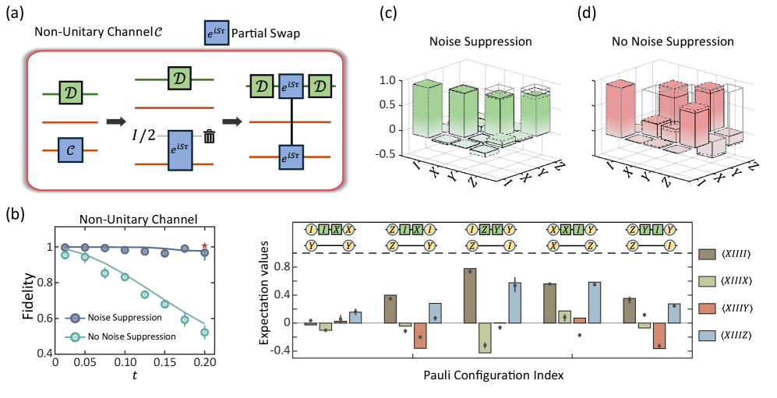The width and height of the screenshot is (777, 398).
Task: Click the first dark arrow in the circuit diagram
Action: (116, 122)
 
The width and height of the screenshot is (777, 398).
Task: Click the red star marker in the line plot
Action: (205, 246)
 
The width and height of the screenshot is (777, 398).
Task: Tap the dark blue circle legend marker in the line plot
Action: (75, 319)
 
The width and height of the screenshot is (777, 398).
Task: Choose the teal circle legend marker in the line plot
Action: (75, 337)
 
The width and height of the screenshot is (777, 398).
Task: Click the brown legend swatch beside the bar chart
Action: (708, 254)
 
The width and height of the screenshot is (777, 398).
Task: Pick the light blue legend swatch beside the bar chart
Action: (708, 336)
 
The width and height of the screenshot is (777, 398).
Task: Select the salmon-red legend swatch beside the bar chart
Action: (708, 308)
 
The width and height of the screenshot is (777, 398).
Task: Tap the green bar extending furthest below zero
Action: (485, 337)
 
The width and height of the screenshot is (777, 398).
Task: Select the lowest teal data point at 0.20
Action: (205, 333)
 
